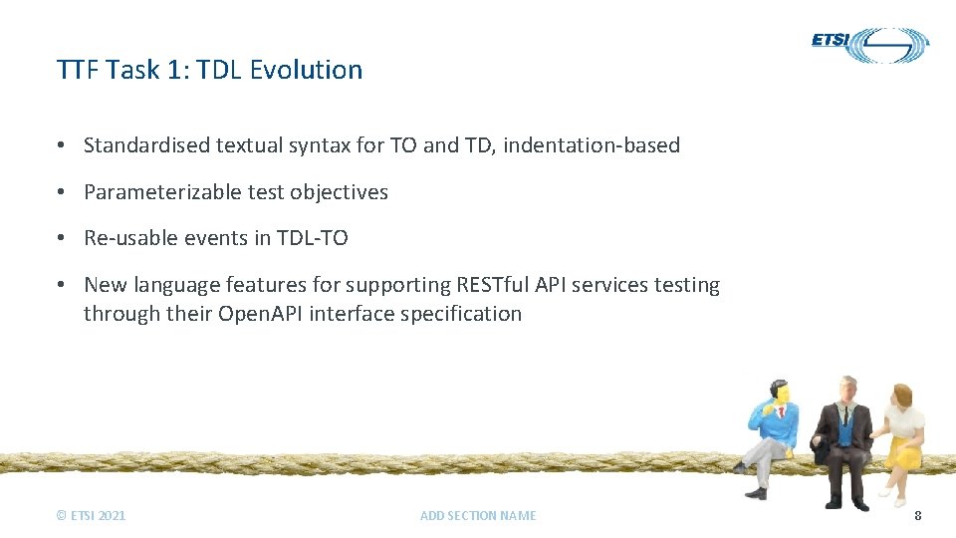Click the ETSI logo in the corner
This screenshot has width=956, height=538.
pyautogui.click(x=869, y=44)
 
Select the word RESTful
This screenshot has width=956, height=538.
pyautogui.click(x=487, y=285)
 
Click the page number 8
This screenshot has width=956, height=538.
pyautogui.click(x=917, y=515)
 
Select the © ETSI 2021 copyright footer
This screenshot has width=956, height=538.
pyautogui.click(x=92, y=515)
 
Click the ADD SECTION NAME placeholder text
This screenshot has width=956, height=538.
pyautogui.click(x=478, y=515)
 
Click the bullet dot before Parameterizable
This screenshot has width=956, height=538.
pyautogui.click(x=62, y=192)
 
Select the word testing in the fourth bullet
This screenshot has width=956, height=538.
pyautogui.click(x=686, y=285)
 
